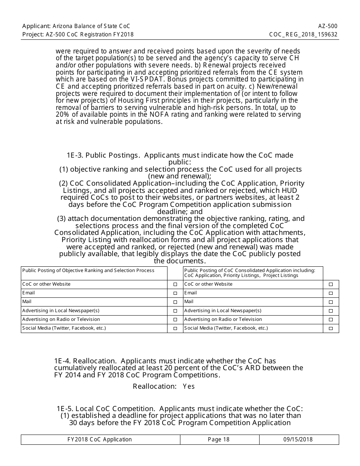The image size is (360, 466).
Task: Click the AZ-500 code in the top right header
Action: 328,26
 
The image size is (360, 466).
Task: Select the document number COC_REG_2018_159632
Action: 303,34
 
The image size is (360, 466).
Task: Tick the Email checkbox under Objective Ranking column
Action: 175,293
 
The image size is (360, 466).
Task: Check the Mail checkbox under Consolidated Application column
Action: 331,302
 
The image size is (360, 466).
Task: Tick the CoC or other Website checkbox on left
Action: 175,285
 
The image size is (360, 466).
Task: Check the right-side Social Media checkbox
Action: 331,328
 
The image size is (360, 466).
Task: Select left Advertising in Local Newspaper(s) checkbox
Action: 175,311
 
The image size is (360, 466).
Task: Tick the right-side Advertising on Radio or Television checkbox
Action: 331,320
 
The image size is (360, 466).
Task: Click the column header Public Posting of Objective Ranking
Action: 88,271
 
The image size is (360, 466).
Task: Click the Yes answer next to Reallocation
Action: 189,386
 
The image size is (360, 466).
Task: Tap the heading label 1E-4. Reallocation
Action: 86,361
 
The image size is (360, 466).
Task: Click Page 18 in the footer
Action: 219,439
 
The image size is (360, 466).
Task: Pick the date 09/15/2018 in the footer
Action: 298,439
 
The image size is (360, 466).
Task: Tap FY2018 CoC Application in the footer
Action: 100,439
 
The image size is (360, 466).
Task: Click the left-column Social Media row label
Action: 64,328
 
